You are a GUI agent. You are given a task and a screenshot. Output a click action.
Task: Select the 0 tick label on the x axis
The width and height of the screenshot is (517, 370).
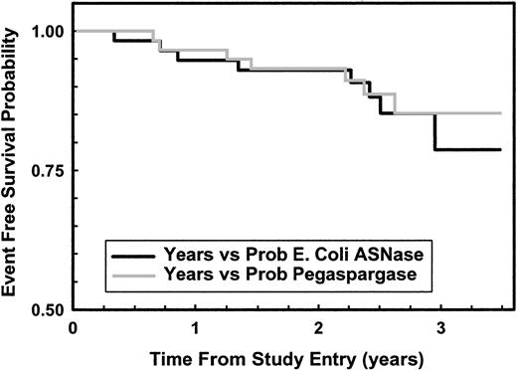[74, 327]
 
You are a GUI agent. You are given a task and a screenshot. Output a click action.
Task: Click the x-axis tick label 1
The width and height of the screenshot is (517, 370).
[196, 327]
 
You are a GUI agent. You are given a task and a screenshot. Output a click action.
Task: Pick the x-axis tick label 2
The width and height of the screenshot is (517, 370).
[318, 327]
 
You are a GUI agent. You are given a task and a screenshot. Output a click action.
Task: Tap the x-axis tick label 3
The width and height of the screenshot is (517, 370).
[440, 327]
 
